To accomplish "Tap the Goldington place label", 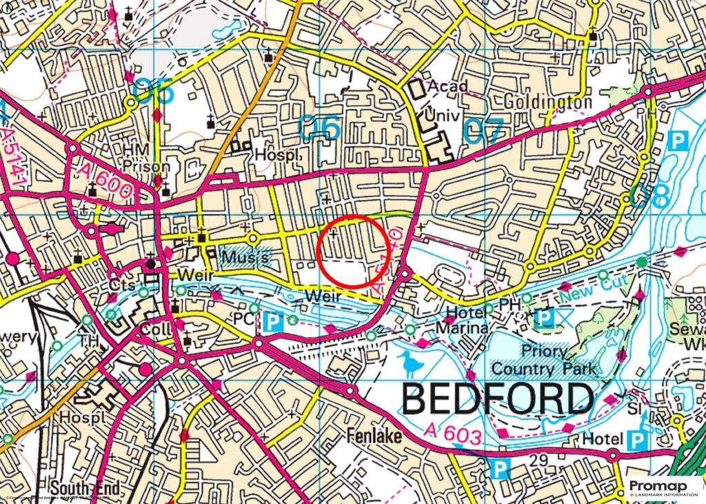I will pyautogui.click(x=547, y=103).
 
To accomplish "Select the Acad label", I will pyautogui.click(x=447, y=87).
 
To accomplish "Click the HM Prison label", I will pyautogui.click(x=145, y=159).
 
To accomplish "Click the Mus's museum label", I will pyautogui.click(x=245, y=258).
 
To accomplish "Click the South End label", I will pyautogui.click(x=85, y=488).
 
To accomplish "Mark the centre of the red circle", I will pyautogui.click(x=354, y=252).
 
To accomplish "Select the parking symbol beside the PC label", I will pyautogui.click(x=275, y=321).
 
